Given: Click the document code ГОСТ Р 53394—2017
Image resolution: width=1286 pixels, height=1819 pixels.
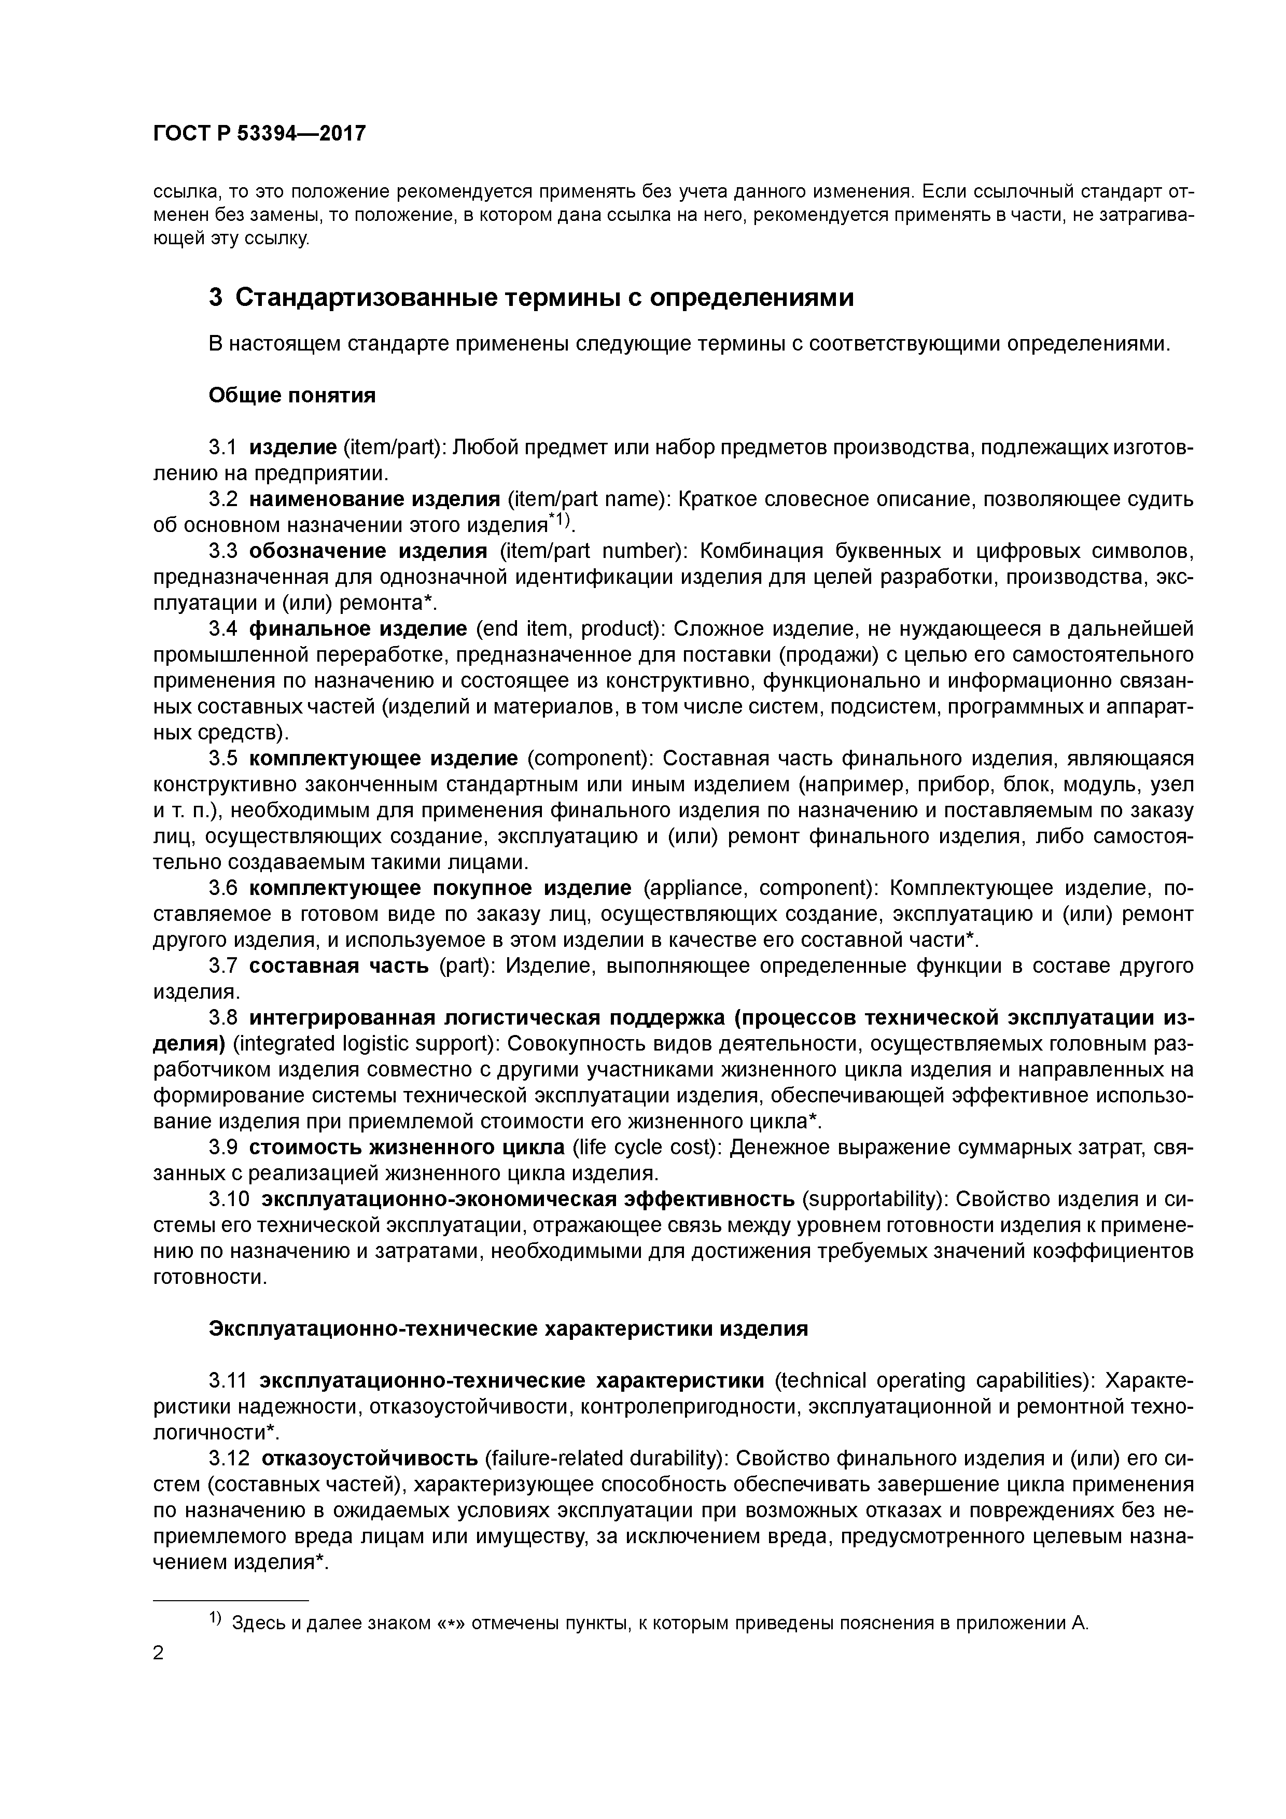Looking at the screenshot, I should click(x=259, y=133).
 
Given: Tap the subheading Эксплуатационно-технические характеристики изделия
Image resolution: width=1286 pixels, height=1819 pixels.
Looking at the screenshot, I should click(x=508, y=1328).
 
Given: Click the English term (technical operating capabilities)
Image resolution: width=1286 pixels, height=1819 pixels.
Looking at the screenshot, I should click(x=934, y=1381).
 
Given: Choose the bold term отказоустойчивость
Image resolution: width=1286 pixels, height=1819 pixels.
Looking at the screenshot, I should click(x=369, y=1459).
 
